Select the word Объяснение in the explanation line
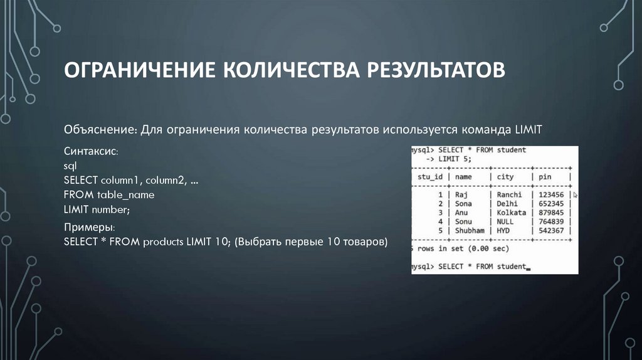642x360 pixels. (100, 129)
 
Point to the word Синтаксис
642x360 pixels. (90, 152)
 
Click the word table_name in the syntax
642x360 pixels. (125, 195)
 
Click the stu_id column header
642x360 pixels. (430, 177)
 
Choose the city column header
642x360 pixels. (505, 177)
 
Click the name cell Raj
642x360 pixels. (463, 195)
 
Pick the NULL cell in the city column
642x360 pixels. (505, 221)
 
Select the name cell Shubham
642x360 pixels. (470, 231)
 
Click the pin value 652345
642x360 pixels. (551, 204)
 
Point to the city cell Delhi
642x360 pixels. (507, 204)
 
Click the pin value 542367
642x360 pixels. (551, 231)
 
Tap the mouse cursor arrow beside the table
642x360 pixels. (576, 196)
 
